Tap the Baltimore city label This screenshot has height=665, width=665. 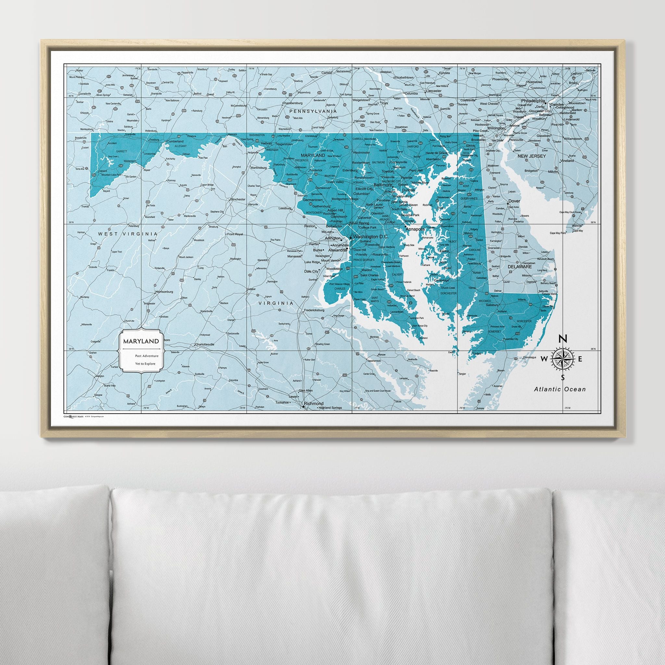pos(383,184)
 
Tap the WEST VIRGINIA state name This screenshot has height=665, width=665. pos(128,234)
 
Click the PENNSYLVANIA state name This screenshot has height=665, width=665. pos(313,111)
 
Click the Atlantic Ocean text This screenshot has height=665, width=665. pos(560,389)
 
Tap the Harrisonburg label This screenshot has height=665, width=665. pos(164,292)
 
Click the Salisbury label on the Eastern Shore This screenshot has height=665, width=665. pos(490,305)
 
